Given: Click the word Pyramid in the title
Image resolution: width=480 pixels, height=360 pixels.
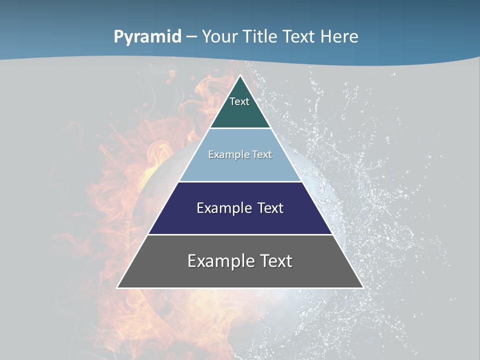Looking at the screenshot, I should [x=147, y=37].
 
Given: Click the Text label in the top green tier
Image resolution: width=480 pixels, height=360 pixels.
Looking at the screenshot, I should [x=239, y=101].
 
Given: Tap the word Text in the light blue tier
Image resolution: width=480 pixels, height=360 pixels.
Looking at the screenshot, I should [x=262, y=154].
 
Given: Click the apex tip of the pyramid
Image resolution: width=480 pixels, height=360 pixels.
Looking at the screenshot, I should [x=240, y=76].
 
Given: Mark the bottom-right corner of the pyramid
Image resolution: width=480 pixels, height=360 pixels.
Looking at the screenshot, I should [x=362, y=287].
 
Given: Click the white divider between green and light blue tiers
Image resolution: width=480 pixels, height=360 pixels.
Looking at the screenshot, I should [x=240, y=128].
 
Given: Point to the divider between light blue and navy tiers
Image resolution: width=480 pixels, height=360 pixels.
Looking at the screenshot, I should [x=240, y=181].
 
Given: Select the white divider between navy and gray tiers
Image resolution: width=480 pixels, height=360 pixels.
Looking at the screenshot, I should [x=240, y=234].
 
